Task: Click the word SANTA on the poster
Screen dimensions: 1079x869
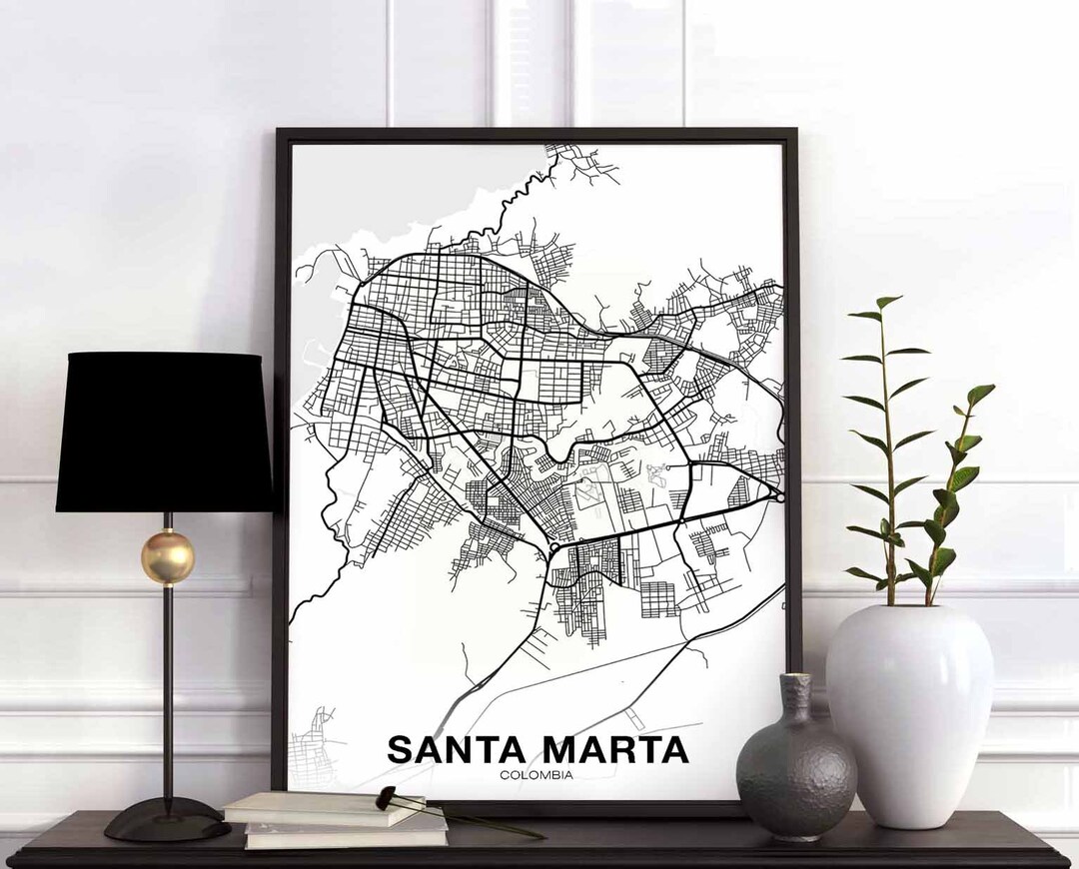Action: [x=458, y=749]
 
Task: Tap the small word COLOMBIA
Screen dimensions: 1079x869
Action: [x=538, y=775]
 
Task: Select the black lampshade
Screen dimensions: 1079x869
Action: [x=165, y=433]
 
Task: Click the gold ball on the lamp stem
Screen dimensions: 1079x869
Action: [x=167, y=556]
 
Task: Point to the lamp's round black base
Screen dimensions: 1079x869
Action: [x=167, y=821]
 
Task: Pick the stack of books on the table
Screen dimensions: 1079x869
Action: [x=335, y=819]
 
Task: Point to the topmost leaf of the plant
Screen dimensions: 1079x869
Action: [x=887, y=302]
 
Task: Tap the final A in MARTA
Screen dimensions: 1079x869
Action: [x=673, y=749]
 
